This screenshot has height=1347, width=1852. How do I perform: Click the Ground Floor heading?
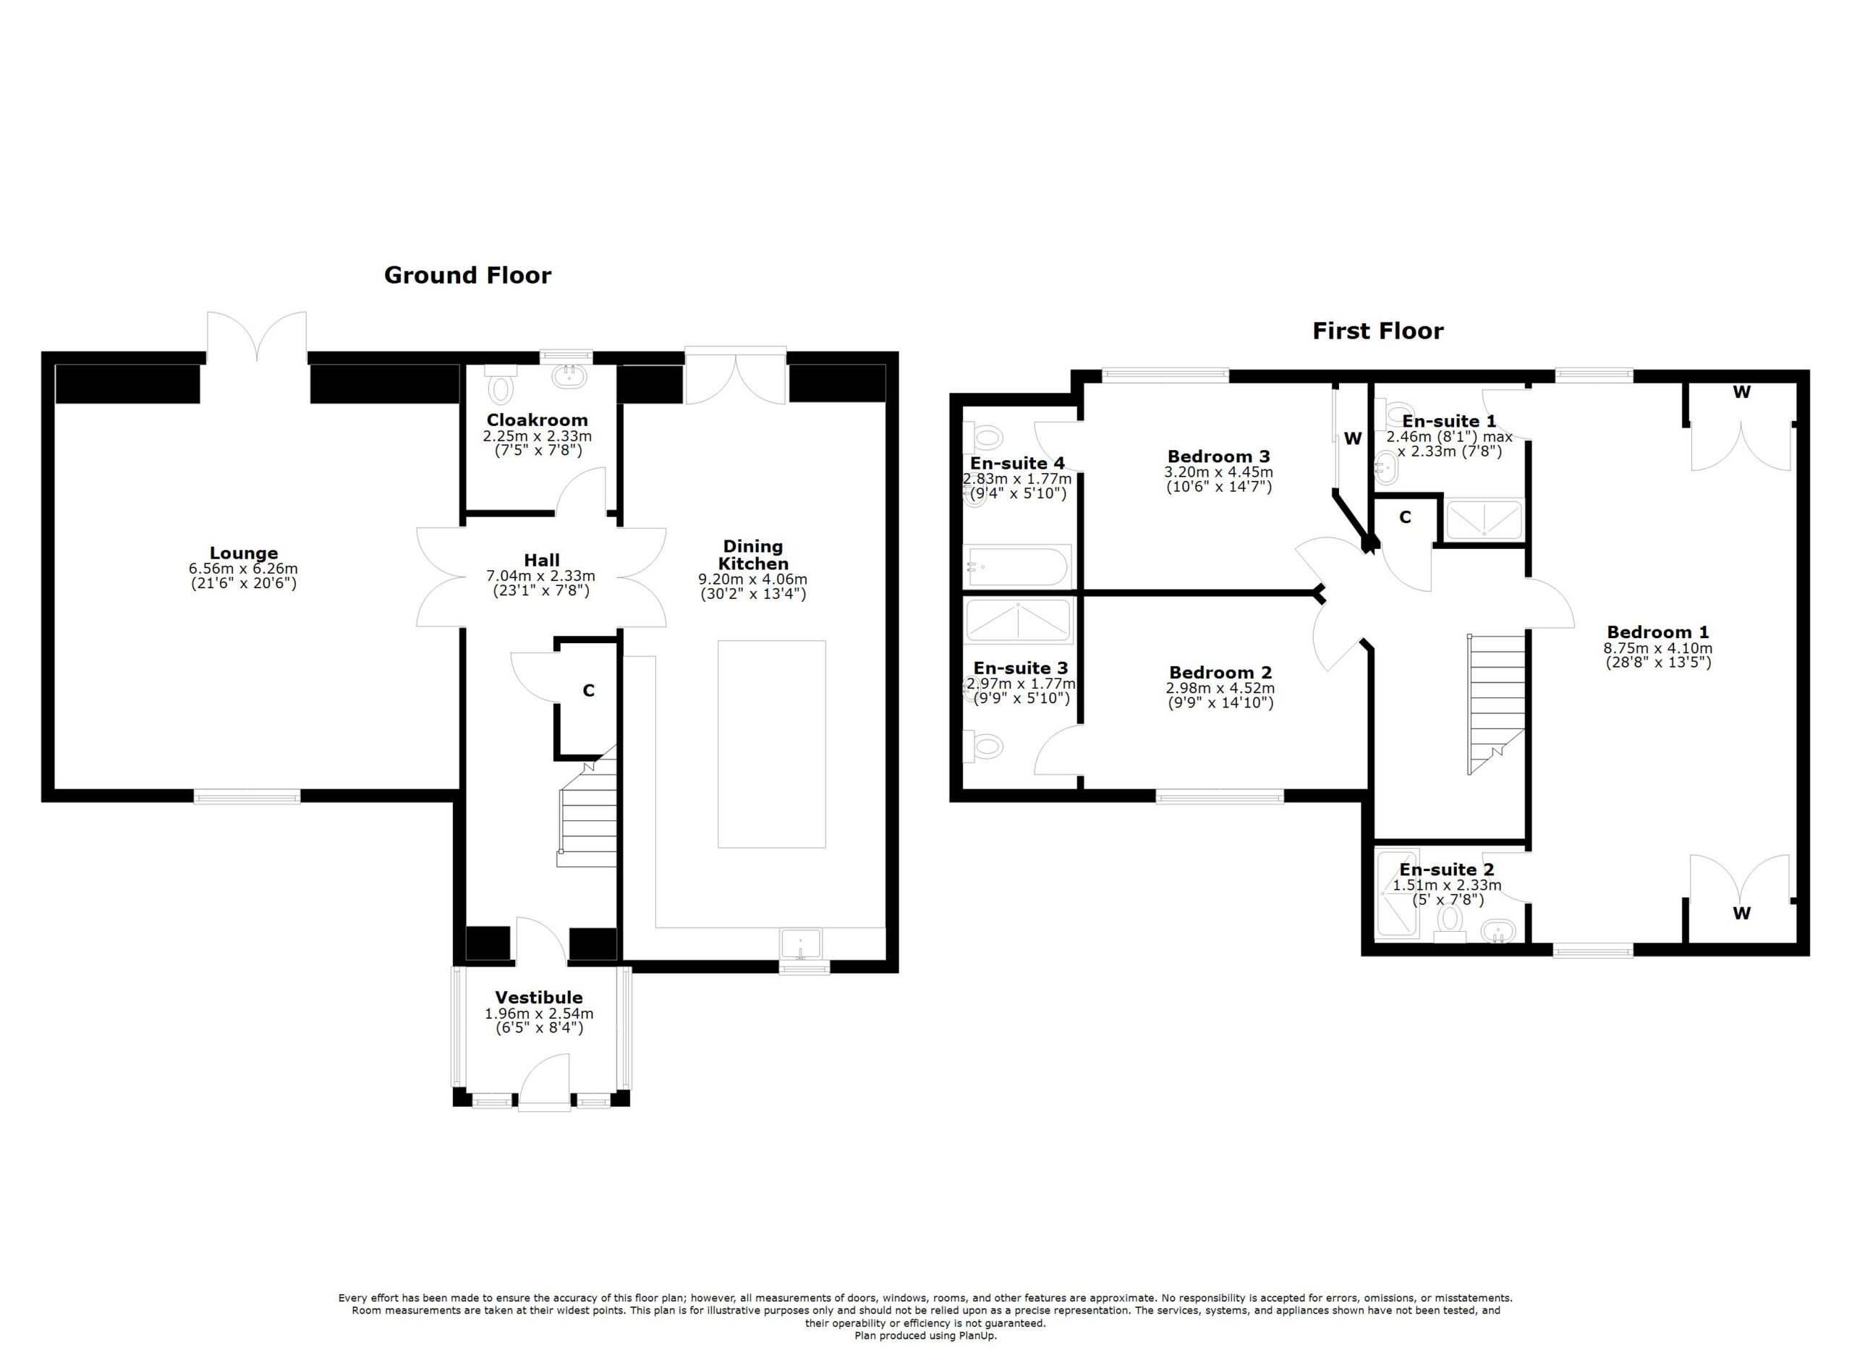click(467, 275)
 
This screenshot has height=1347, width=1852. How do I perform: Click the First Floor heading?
click(1377, 331)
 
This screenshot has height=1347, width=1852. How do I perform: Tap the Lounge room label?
click(243, 553)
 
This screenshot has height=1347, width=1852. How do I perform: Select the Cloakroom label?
click(537, 420)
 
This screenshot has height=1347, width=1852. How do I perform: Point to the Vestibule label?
click(539, 998)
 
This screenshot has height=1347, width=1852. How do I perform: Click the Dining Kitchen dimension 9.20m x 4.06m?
click(753, 579)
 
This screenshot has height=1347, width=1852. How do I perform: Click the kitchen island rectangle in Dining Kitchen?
click(772, 744)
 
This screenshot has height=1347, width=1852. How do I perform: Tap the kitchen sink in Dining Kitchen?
click(802, 944)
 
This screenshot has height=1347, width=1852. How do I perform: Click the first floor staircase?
click(1496, 703)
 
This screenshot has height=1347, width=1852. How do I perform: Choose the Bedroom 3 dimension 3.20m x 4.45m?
click(1218, 472)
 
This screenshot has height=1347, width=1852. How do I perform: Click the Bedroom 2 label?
click(1220, 673)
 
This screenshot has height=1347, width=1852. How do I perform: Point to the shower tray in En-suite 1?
click(1484, 519)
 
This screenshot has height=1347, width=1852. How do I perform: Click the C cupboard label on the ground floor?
click(588, 691)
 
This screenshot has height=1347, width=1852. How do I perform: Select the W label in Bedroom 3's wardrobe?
click(1353, 438)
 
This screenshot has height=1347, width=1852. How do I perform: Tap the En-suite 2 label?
click(1446, 870)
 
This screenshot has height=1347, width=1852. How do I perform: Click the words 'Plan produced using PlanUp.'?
click(925, 1335)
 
